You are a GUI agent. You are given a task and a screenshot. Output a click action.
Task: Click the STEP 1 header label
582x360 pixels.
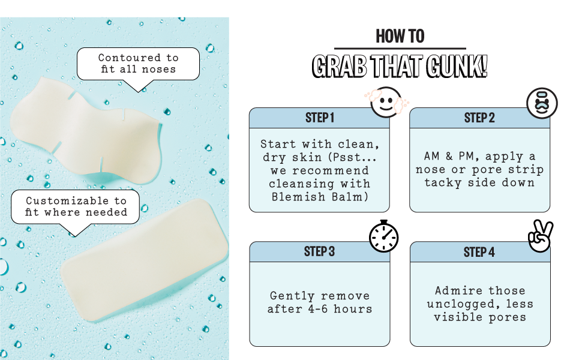(x=320, y=118)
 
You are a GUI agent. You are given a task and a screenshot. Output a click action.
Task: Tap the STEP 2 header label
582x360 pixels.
(x=479, y=118)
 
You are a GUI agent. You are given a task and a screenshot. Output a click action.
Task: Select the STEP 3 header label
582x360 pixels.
(x=319, y=251)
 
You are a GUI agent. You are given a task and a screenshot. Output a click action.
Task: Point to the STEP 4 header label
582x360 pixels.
(x=479, y=252)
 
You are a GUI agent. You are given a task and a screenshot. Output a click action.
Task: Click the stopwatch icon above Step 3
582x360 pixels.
(x=384, y=236)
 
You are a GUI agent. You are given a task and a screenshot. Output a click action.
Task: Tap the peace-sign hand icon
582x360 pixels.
(x=541, y=236)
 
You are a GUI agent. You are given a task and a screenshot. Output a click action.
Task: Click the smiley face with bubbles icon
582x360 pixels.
(x=386, y=103)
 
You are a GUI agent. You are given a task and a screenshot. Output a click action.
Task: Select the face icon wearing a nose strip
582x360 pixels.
(x=542, y=103)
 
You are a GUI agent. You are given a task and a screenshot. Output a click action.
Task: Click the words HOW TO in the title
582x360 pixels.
(x=400, y=37)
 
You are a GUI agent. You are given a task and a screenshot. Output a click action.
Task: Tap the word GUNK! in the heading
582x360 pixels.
(x=457, y=67)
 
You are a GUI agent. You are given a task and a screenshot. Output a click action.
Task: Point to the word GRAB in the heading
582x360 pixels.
(x=340, y=67)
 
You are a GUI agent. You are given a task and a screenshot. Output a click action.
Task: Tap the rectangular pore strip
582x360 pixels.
(x=145, y=260)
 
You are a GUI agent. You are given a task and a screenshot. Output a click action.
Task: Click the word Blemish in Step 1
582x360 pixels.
(x=298, y=196)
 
